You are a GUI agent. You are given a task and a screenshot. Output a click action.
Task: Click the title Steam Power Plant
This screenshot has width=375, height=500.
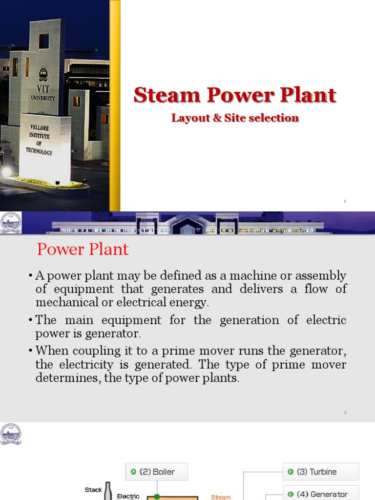[235, 95]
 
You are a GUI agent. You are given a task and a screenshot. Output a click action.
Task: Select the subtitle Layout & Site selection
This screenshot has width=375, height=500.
[235, 118]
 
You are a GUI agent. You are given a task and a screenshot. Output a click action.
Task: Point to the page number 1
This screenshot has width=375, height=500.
[345, 201]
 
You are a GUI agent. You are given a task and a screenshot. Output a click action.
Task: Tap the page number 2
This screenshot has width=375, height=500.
[345, 413]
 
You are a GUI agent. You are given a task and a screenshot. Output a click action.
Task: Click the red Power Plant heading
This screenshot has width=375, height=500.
[83, 250]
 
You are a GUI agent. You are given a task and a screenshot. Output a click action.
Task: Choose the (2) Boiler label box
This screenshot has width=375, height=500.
[156, 472]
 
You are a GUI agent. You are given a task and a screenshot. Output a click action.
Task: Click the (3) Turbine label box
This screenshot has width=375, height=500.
[321, 472]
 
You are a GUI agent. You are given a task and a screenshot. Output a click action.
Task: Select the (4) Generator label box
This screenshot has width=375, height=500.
[321, 494]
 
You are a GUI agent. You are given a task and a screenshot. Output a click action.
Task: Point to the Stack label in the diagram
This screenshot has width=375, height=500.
[93, 490]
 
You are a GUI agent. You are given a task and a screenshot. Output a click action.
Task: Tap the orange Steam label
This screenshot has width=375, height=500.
[221, 497]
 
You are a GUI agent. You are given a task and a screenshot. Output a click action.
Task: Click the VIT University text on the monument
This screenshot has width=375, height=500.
[43, 95]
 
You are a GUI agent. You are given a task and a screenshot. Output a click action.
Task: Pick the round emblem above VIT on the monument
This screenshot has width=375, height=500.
[43, 74]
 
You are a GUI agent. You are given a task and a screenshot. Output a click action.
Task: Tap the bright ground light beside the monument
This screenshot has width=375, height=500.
[6, 172]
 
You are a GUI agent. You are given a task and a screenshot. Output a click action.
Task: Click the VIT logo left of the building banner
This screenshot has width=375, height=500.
[11, 223]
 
